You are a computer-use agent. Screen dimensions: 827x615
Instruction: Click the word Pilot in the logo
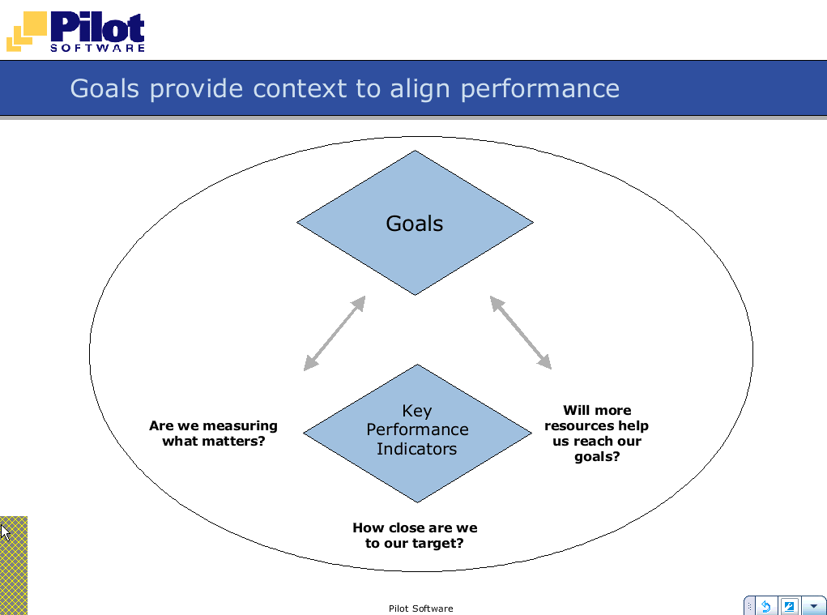point(97,27)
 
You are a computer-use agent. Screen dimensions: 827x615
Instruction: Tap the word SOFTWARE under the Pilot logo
point(97,48)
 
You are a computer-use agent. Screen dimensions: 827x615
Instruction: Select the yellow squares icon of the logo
point(27,32)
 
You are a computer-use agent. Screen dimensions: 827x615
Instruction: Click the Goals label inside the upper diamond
point(415,224)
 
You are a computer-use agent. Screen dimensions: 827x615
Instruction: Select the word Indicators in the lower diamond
point(416,449)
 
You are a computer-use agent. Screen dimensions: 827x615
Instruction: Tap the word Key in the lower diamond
point(416,411)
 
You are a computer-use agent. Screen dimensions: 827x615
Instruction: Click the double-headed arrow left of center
point(335,333)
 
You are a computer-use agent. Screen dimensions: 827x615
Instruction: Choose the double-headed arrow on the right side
point(521,332)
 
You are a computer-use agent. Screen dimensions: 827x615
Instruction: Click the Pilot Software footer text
point(421,609)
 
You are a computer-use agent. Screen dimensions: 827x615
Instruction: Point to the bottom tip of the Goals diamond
point(415,295)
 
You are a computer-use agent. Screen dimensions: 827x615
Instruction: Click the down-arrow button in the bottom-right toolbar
point(814,606)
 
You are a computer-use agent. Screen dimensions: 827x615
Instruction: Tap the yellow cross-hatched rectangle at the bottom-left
point(14,566)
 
